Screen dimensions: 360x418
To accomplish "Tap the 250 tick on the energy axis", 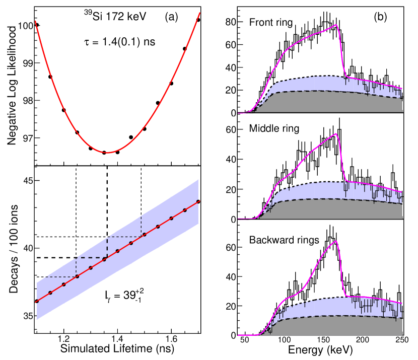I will tap(401, 342).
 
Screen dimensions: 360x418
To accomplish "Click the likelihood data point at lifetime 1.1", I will tap(37, 25).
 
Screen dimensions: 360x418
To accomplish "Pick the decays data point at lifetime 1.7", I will tap(198, 201).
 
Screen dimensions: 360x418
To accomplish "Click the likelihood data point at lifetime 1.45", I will tap(131, 137).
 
